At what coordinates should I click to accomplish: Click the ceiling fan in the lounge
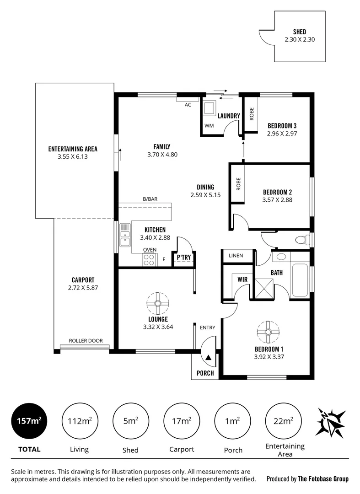tap(158, 303)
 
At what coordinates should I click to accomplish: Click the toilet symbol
tap(301, 239)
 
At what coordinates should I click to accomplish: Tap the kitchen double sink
tap(124, 236)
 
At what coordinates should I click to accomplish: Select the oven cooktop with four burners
tap(149, 259)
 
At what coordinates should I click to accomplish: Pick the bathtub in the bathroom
tap(301, 280)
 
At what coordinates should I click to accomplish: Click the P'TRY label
tap(183, 258)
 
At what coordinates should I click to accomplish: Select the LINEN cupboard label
tap(236, 256)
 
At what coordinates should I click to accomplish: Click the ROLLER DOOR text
tap(86, 341)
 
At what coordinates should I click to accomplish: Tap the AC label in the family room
tap(188, 105)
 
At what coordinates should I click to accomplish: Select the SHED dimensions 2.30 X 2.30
tap(299, 39)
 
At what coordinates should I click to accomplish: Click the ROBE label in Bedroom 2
tap(238, 184)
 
